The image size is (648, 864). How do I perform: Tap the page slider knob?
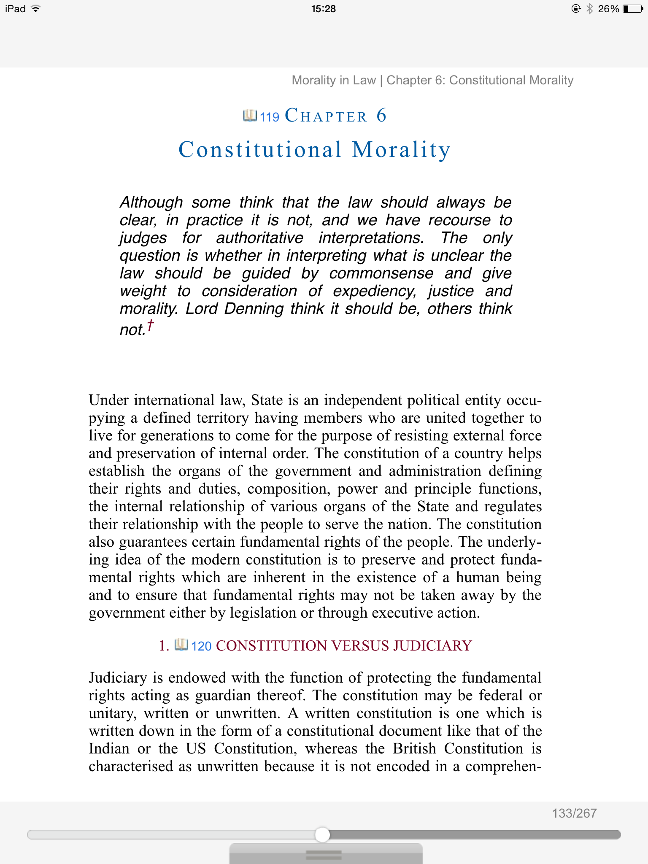pos(322,834)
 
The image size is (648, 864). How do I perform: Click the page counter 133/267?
pos(574,813)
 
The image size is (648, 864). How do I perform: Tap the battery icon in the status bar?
pos(633,8)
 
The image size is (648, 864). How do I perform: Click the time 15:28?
pos(324,9)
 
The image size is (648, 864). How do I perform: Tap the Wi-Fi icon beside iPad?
pos(36,8)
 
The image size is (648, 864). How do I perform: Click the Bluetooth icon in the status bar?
pos(590,8)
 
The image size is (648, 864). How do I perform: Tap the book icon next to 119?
pos(250,115)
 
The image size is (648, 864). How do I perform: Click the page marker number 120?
pos(201,646)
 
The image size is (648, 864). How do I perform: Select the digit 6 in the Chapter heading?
pos(381,115)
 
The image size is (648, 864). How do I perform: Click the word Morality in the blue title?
pos(401,150)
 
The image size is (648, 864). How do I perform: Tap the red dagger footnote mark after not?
pos(150,326)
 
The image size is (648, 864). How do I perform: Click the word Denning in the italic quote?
pos(254,309)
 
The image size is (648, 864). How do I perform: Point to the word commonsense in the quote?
pos(381,273)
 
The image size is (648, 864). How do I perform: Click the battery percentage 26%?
pos(608,9)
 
